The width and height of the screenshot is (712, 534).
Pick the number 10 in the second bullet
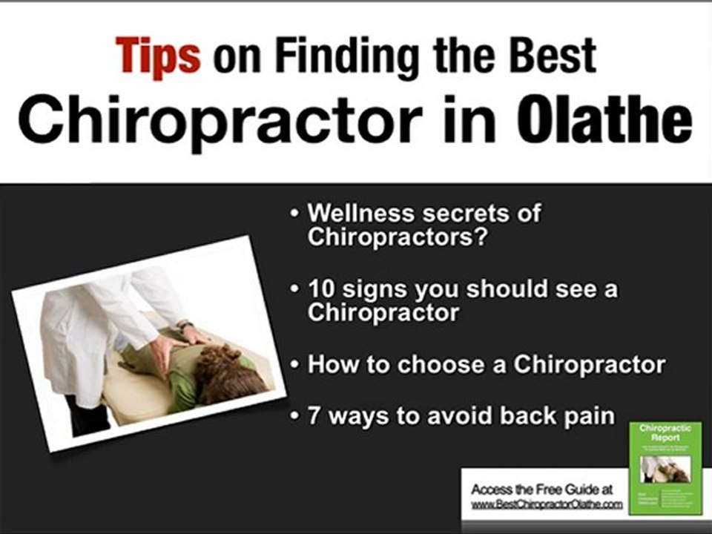pyautogui.click(x=320, y=289)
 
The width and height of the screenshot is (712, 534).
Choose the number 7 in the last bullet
pyautogui.click(x=314, y=415)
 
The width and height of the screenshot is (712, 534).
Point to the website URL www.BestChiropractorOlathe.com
pyautogui.click(x=547, y=504)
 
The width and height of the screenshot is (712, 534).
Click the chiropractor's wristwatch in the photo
pyautogui.click(x=185, y=326)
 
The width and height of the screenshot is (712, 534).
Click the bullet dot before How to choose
pyautogui.click(x=296, y=366)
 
